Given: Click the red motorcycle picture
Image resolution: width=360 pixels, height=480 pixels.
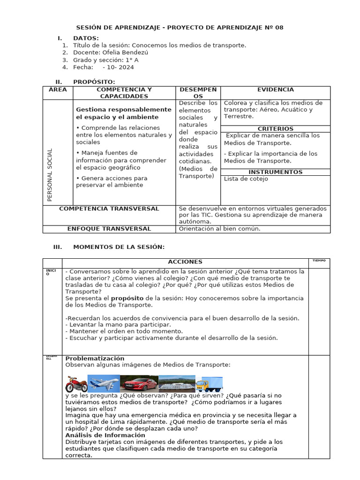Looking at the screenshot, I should [x=76, y=384].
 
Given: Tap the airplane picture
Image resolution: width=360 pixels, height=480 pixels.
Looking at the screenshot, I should [x=104, y=384].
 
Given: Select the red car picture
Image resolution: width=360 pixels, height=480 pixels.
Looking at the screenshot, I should [x=139, y=384].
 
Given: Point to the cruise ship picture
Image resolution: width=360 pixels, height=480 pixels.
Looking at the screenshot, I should [x=176, y=384].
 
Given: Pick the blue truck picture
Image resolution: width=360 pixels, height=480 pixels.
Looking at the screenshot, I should [x=209, y=384].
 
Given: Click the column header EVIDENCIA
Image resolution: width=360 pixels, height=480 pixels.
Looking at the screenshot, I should [x=275, y=90].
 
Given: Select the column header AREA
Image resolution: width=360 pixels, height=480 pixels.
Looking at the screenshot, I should [x=58, y=90].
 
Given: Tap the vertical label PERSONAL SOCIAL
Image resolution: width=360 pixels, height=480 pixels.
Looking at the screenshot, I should [x=50, y=175].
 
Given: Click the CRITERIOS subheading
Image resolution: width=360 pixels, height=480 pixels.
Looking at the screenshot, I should [x=275, y=128].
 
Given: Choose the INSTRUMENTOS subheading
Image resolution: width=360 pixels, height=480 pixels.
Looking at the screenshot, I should [x=275, y=172].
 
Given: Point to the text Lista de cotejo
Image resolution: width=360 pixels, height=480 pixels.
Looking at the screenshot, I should [x=246, y=179].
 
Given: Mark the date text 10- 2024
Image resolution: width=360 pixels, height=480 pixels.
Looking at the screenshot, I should [x=121, y=67].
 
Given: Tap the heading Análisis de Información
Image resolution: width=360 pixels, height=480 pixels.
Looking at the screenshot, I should [x=105, y=435].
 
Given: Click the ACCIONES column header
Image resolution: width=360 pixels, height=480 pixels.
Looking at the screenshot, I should [x=185, y=262].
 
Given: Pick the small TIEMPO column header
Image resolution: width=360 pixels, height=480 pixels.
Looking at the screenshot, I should [x=319, y=261].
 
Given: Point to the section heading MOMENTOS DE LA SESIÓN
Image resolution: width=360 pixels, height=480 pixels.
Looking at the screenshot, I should [x=119, y=247].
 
